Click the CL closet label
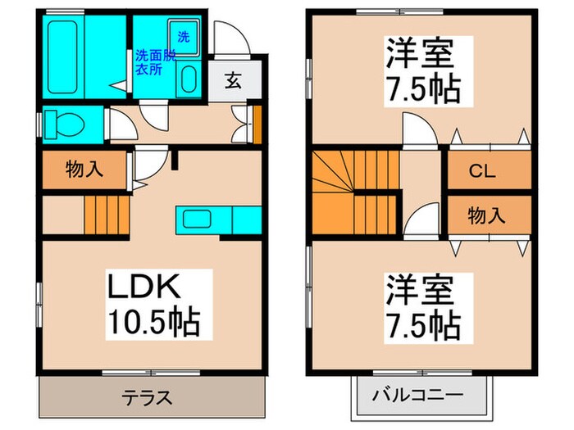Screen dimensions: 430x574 [486, 172]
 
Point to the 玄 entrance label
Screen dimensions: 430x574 [234, 80]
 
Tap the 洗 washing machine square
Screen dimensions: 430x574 [185, 37]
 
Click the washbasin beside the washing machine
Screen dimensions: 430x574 [188, 81]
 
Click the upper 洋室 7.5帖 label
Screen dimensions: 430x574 [421, 71]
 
